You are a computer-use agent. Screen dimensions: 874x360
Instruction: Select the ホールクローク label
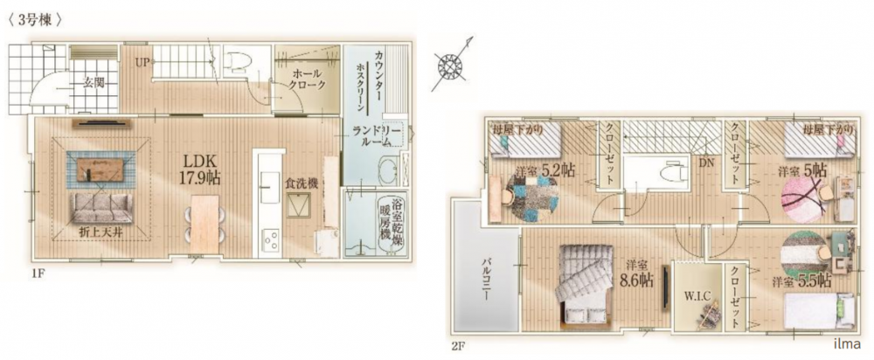pos(306,81)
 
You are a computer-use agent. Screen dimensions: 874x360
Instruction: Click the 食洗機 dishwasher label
pos(302,183)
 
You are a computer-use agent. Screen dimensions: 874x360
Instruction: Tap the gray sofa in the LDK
pos(101,209)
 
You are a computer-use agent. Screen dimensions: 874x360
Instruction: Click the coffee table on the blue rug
pos(101,169)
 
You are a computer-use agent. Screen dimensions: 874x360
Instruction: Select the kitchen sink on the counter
pos(270,189)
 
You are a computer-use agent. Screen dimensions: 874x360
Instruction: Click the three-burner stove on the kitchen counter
pos(271,242)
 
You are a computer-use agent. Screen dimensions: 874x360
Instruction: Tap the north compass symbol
pos(449,66)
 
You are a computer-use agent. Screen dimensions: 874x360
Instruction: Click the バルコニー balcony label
pos(485,278)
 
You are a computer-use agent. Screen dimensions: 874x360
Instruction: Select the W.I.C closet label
pos(697,296)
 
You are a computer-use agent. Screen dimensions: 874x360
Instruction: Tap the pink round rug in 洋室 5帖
pos(801,199)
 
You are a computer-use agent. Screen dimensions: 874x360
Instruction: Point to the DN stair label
pos(707,165)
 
